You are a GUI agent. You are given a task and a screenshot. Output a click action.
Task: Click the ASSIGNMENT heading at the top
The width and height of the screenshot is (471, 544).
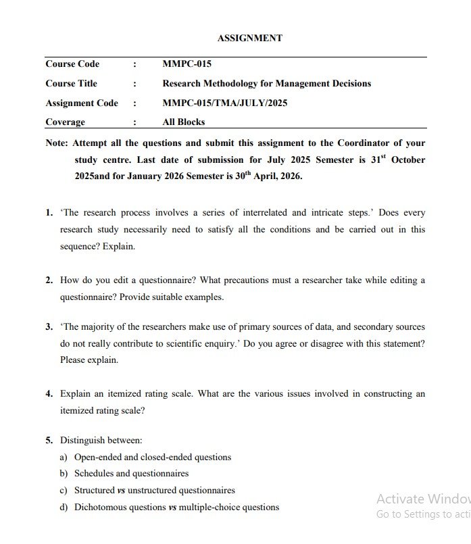[250, 39]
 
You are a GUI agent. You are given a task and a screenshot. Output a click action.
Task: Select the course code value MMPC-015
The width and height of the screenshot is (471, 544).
[187, 64]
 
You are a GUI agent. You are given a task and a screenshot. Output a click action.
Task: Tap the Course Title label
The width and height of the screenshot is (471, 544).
[71, 84]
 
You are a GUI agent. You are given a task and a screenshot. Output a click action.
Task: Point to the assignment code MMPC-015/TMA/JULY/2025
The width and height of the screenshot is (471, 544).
[224, 103]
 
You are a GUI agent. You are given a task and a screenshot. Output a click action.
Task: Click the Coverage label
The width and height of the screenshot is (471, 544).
[65, 122]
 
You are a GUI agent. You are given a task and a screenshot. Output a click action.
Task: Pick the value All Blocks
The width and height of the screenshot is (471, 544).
[183, 122]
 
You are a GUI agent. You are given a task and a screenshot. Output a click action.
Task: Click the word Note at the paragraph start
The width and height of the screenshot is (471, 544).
[56, 143]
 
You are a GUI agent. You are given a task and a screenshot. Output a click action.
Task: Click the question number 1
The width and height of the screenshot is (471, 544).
[49, 213]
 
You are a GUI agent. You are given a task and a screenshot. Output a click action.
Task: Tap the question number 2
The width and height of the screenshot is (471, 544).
[49, 280]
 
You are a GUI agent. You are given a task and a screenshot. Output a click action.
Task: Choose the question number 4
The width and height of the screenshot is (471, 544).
[49, 394]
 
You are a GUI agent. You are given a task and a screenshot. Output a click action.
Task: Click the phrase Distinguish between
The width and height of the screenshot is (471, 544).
[101, 440]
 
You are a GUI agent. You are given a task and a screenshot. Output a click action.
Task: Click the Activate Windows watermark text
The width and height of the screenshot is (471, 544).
[423, 499]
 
